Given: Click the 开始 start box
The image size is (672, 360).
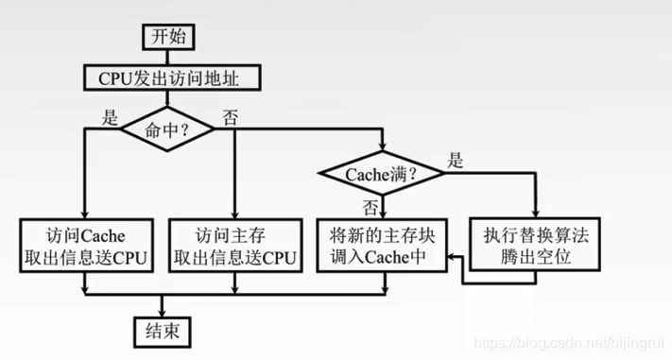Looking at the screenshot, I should (168, 37).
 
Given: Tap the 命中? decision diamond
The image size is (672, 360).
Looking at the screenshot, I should (167, 133).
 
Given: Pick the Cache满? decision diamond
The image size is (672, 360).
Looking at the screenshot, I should (383, 173).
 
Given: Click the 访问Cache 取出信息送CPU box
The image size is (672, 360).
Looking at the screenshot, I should (86, 243).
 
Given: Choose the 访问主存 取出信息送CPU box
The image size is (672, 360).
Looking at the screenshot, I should (233, 243).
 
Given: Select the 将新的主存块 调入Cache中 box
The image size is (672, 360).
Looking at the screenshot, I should (384, 243).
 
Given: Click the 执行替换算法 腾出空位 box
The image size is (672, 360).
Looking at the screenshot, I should (536, 243).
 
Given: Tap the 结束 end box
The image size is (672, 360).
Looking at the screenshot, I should (163, 330).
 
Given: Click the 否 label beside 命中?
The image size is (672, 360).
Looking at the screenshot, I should (230, 118).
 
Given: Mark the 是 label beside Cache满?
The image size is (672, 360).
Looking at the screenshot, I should (456, 161).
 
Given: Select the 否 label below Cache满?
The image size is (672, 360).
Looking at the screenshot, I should (371, 203).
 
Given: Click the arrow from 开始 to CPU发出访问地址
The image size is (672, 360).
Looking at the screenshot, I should (168, 57).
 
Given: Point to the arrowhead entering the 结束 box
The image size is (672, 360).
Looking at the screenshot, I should (163, 311).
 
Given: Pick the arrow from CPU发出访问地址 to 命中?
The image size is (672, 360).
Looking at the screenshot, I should (168, 99).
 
